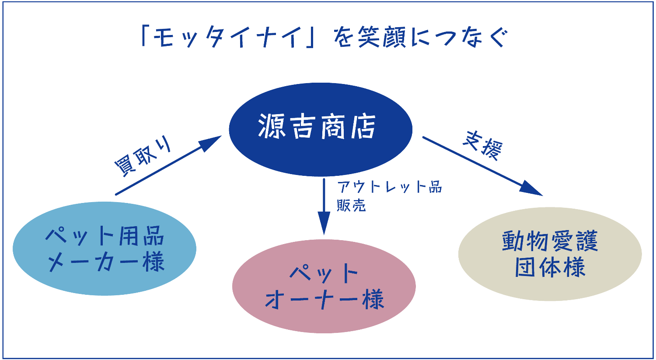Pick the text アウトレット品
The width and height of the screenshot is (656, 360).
tap(390, 187)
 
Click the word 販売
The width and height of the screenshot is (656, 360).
tap(351, 205)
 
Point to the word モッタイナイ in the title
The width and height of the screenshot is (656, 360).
tap(227, 38)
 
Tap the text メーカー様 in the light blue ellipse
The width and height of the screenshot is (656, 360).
tap(105, 262)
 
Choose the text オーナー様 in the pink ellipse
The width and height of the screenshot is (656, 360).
tap(324, 300)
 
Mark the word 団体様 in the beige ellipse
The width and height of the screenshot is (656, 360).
tap(550, 267)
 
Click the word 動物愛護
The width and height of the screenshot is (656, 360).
tap(550, 241)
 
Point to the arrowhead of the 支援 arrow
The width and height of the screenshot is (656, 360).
tap(532, 189)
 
